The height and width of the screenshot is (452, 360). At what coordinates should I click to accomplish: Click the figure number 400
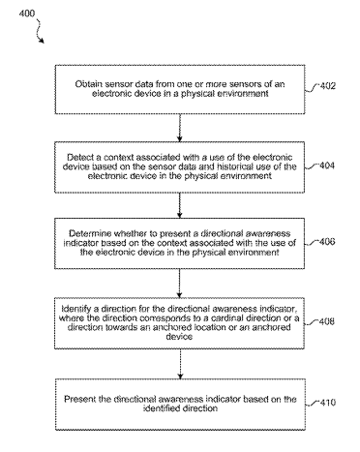27,14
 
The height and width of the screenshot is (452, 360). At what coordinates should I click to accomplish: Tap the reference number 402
327,86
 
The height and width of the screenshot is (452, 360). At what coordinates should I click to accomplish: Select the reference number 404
327,166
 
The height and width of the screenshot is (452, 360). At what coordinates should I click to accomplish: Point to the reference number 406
327,242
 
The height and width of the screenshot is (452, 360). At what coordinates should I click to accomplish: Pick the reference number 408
327,321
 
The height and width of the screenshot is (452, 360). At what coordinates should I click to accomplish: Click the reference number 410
327,403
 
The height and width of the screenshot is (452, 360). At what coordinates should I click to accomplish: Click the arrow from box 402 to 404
180,128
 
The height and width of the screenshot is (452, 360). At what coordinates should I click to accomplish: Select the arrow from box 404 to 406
180,205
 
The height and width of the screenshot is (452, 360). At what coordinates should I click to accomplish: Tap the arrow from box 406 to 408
180,284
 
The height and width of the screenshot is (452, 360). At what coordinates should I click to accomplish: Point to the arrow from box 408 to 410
180,364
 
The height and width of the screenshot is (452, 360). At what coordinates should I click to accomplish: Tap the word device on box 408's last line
179,337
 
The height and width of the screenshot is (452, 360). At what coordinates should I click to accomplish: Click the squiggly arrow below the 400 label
40,31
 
